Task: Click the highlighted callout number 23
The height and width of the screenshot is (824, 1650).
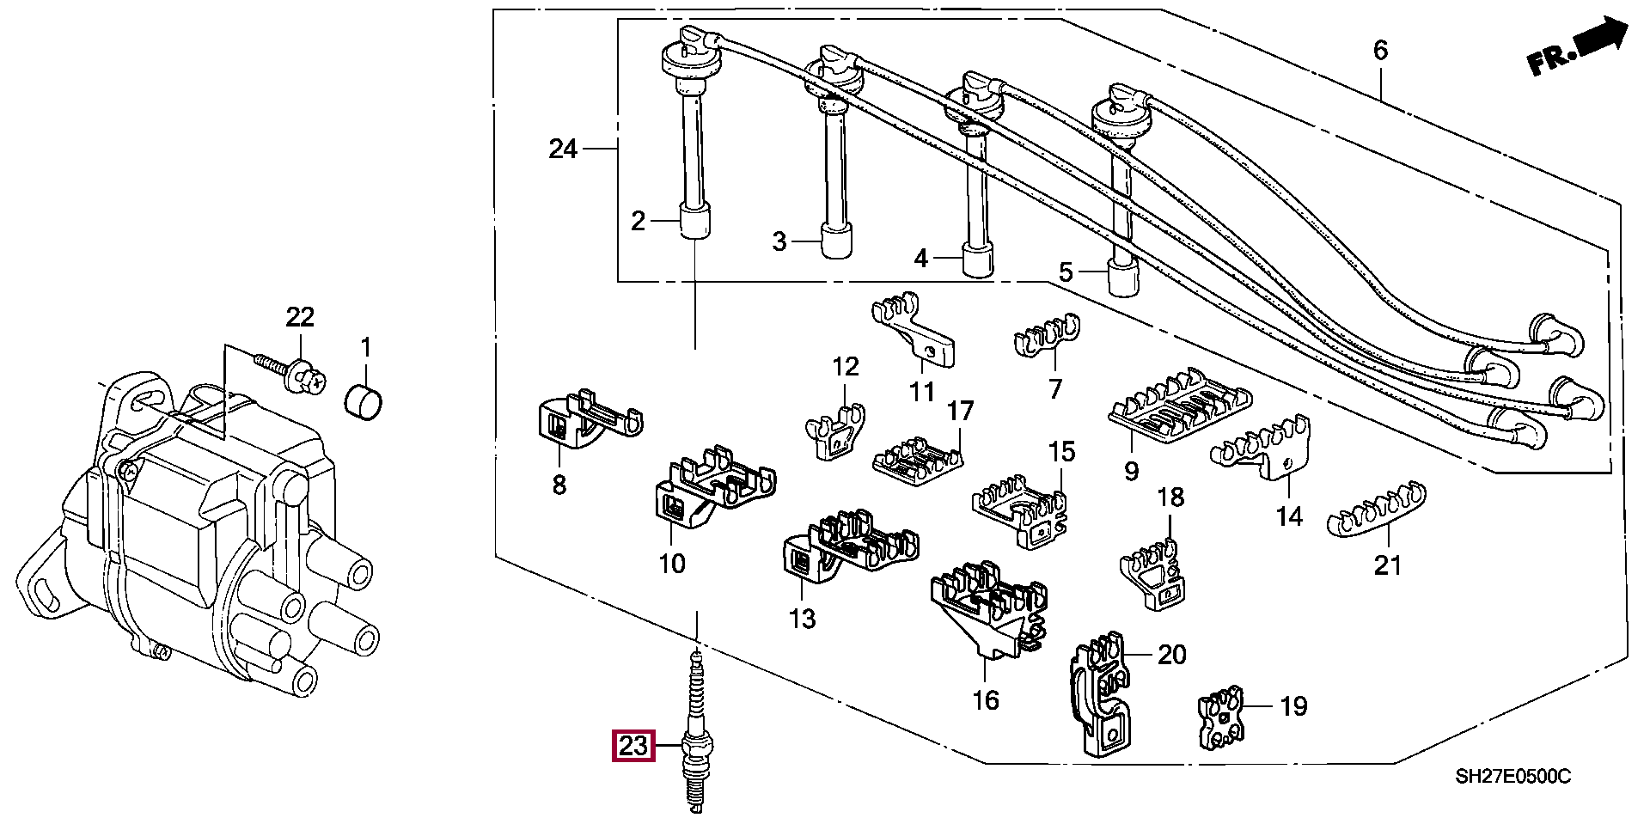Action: point(633,746)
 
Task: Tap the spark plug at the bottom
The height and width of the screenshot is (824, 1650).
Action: point(697,732)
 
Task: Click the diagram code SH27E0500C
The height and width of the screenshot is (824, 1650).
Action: point(1512,777)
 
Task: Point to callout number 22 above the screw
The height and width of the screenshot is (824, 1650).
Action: point(300,317)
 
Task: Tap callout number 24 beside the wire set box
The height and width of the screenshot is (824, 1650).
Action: point(563,149)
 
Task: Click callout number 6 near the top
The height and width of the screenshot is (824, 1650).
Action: point(1380,50)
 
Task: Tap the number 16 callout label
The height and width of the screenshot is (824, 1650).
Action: point(986,700)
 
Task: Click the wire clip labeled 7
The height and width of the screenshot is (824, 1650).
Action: point(1048,334)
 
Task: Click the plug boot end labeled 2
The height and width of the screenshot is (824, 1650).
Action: point(696,220)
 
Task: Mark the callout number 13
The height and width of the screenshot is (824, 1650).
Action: point(802,618)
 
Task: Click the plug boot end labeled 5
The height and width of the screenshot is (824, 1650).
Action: point(1123,278)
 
